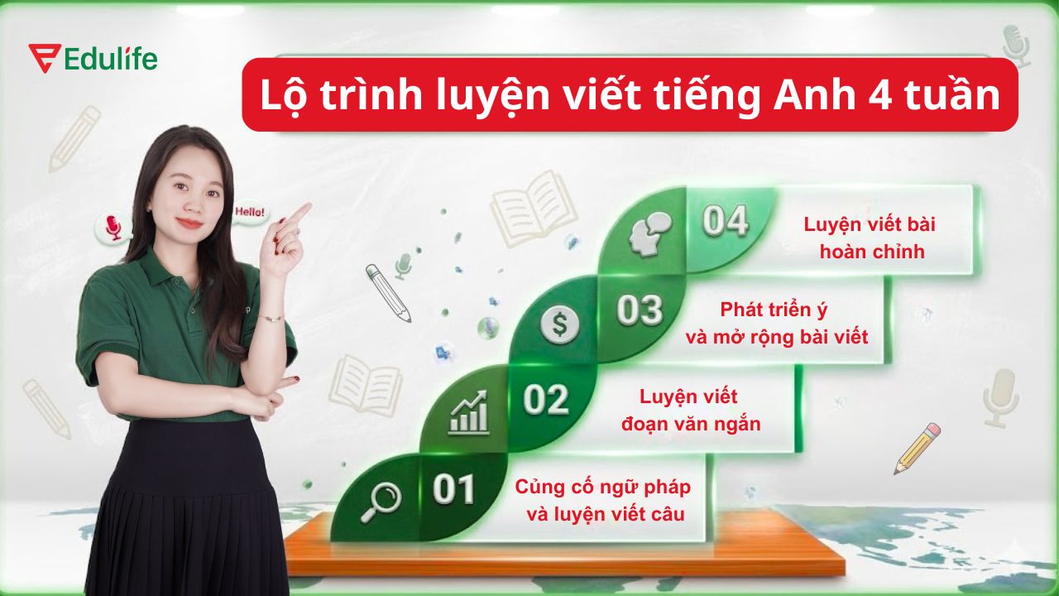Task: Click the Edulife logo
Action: [x=92, y=59]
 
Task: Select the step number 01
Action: [x=453, y=490]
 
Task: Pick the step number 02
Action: [x=546, y=401]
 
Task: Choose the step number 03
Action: [x=640, y=310]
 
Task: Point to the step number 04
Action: [x=725, y=222]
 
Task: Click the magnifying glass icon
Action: [x=380, y=500]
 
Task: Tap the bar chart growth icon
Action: [x=468, y=412]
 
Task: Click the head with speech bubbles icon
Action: [x=648, y=233]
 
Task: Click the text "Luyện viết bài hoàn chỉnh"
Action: [x=870, y=238]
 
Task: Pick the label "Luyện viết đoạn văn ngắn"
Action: [x=690, y=411]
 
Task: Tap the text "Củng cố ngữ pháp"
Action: [x=603, y=486]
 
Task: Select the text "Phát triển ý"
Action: [x=774, y=310]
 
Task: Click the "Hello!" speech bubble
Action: [x=250, y=213]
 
